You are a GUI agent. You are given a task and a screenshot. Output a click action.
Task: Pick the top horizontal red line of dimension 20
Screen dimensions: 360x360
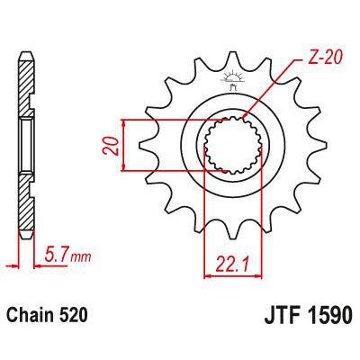point(171,119)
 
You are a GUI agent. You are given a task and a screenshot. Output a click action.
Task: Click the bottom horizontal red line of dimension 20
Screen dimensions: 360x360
point(171,168)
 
